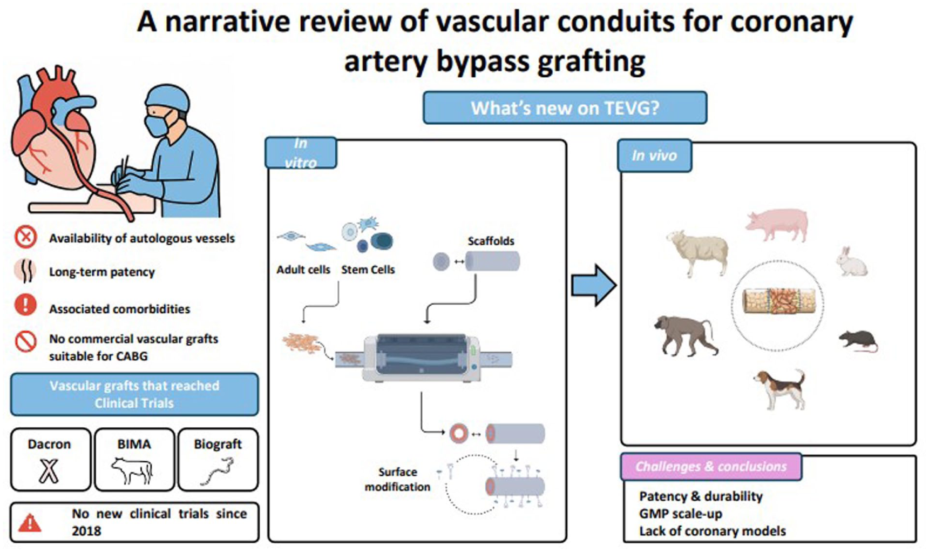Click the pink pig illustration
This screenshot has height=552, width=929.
coord(777,224)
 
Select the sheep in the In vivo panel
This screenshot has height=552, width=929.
coord(698,252)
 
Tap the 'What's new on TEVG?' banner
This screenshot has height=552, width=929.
coord(565,108)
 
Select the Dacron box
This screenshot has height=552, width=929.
coord(50,459)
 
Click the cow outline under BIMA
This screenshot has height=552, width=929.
coord(133,470)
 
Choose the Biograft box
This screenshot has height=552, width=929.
coord(218,459)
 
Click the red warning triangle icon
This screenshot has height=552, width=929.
coord(30,522)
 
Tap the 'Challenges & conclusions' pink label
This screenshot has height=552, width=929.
coord(711,467)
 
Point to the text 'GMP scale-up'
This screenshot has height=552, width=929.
coord(681,514)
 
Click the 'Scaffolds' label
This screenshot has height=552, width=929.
coord(491,241)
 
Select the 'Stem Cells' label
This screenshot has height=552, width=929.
coord(368,270)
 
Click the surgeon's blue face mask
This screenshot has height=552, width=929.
coord(158,125)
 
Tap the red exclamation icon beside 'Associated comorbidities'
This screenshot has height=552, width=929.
coord(25,305)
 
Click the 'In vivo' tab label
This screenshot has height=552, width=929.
coord(654,156)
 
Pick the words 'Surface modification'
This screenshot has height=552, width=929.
coord(397,479)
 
